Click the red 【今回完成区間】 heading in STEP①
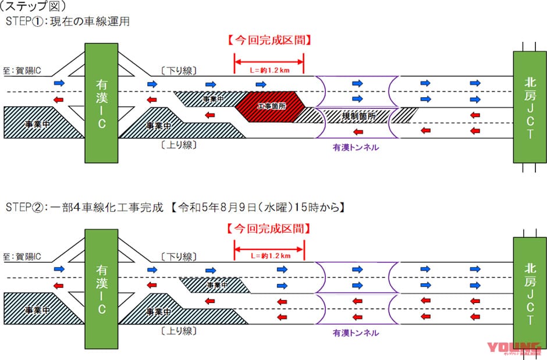(x=269, y=41)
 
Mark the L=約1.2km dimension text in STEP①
(x=269, y=70)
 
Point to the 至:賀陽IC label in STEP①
(x=22, y=69)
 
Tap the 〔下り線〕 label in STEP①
(x=179, y=70)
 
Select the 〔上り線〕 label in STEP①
(x=179, y=144)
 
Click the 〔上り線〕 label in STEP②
(x=179, y=330)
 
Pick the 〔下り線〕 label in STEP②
(x=179, y=257)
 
